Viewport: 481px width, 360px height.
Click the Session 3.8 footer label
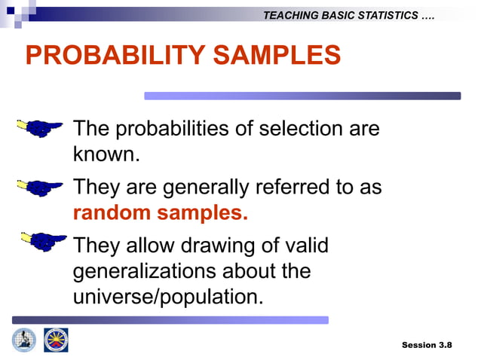427,344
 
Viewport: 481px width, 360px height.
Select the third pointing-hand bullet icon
43,242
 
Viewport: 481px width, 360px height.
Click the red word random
112,212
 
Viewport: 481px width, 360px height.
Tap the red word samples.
202,212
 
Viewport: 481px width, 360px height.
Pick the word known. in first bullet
106,154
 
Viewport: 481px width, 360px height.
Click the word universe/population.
168,296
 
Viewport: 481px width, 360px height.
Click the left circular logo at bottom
23,340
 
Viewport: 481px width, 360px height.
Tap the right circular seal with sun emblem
56,340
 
